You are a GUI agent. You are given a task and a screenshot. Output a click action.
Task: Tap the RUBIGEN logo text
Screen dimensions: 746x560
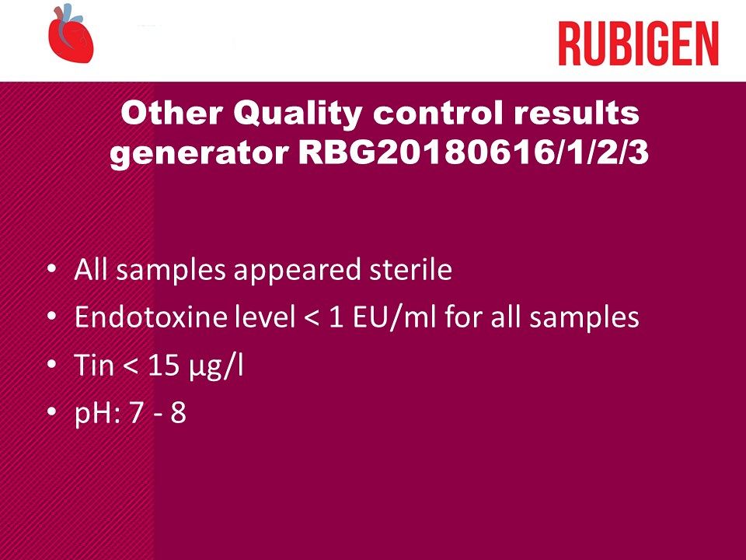(x=639, y=44)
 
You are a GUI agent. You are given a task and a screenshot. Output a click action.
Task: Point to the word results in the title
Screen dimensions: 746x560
(x=577, y=113)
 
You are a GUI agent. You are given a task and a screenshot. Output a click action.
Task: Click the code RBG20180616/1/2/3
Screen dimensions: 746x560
(x=473, y=153)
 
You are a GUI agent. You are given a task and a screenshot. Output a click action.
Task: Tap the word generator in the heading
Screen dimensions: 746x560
(x=200, y=155)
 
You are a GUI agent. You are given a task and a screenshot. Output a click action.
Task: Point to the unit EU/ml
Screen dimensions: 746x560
(x=394, y=317)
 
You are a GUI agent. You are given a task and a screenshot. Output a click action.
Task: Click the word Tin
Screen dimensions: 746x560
(x=94, y=365)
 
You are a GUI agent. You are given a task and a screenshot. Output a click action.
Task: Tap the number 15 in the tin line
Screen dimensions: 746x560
(x=165, y=366)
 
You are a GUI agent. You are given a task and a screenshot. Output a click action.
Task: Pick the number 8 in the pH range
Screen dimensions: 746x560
(x=178, y=413)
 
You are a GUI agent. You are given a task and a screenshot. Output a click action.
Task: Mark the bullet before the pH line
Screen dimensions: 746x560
(x=52, y=412)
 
